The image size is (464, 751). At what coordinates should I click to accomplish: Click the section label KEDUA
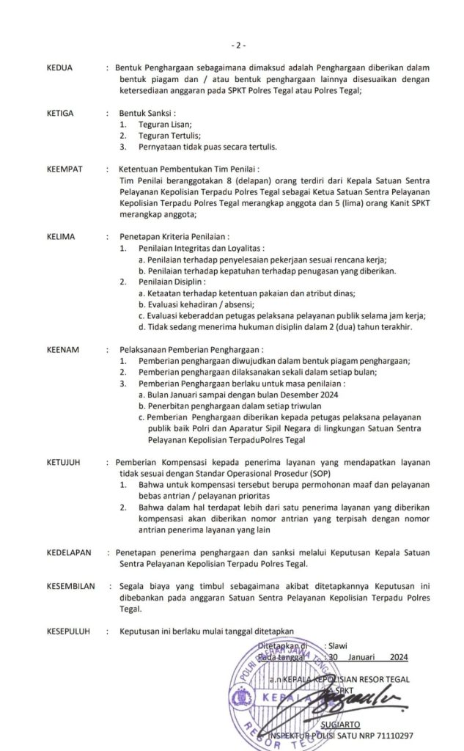59,68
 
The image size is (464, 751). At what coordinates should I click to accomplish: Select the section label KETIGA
60,114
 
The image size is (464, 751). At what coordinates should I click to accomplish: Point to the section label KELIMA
61,237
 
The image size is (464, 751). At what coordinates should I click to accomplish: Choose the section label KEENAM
62,350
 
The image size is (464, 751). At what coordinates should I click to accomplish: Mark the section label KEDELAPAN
69,552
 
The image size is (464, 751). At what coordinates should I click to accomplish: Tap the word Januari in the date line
365,657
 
